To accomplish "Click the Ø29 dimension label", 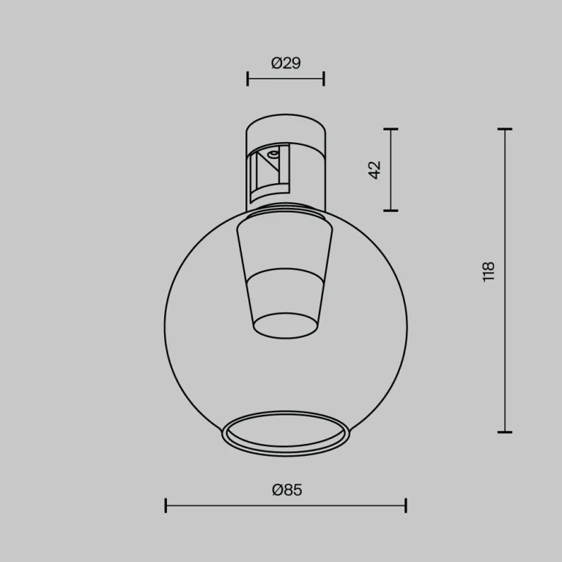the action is pyautogui.click(x=286, y=63).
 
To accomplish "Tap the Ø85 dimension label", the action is pyautogui.click(x=286, y=489).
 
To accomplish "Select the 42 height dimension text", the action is pyautogui.click(x=374, y=170).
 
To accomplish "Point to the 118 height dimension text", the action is pyautogui.click(x=489, y=272).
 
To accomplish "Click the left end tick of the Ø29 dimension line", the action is pyautogui.click(x=248, y=79).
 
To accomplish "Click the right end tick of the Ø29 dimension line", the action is pyautogui.click(x=324, y=79).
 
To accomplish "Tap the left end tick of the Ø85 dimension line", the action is pyautogui.click(x=166, y=506).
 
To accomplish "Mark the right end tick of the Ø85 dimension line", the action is pyautogui.click(x=406, y=506).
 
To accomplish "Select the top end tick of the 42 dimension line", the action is pyautogui.click(x=391, y=129).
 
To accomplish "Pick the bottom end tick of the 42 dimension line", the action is pyautogui.click(x=391, y=210).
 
